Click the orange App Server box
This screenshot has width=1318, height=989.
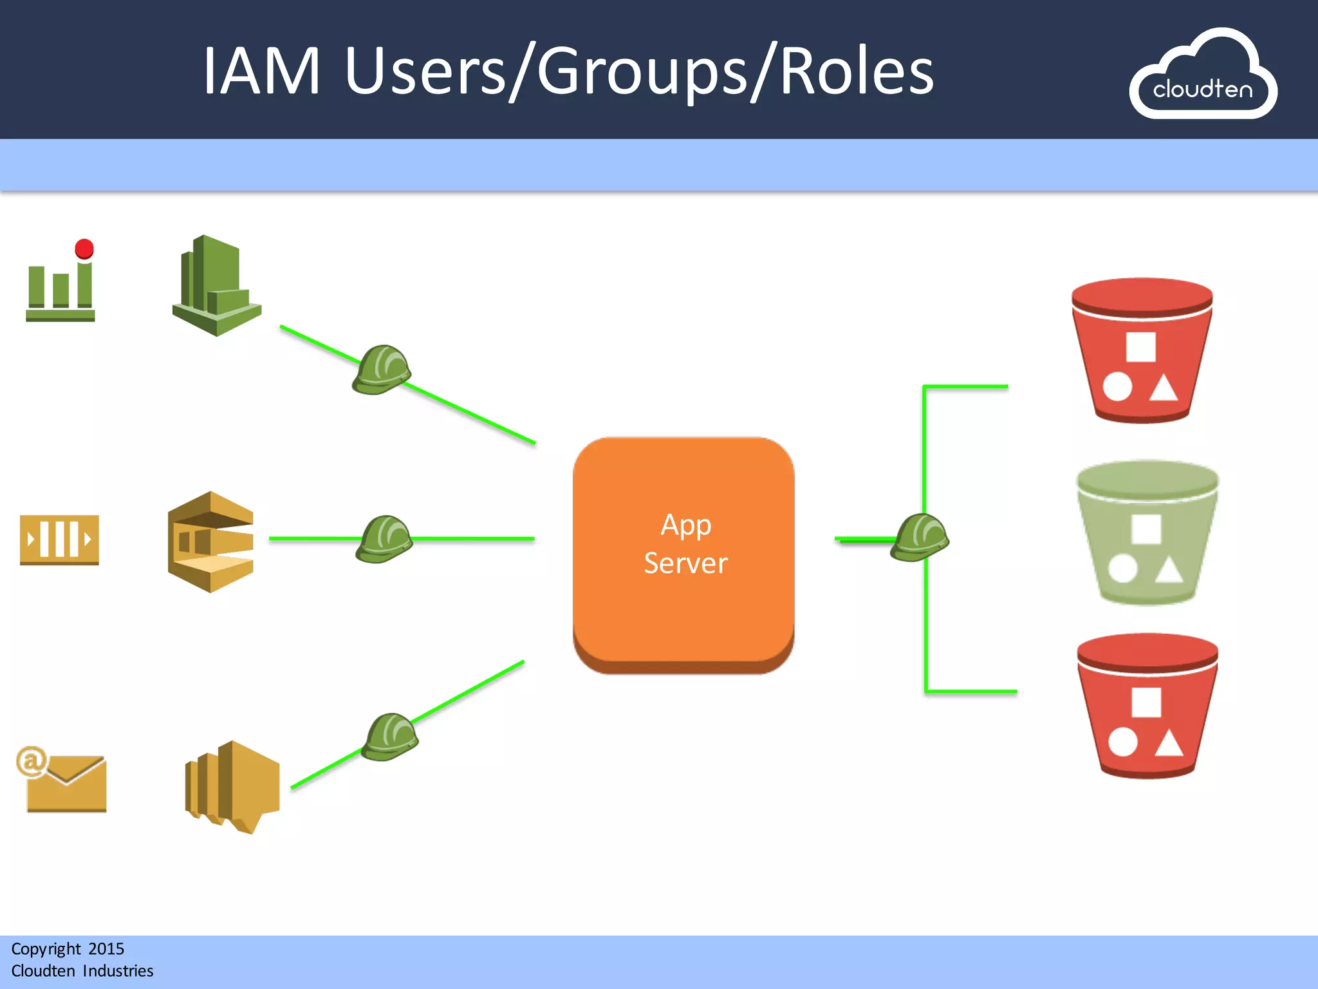(683, 554)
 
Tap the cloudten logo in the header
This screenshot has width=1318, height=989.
(1203, 76)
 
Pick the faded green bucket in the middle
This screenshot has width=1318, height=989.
(1147, 533)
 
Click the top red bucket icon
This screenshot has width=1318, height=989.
(1142, 351)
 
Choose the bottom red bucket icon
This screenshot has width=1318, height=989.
(1147, 706)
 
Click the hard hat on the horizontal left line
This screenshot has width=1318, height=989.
(384, 539)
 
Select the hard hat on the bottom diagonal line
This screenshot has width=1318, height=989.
(390, 737)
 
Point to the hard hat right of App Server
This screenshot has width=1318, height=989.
(920, 538)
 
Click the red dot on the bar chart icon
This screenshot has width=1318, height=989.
(84, 249)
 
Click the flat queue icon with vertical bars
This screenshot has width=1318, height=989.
(59, 540)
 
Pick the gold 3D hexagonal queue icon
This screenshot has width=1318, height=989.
(210, 542)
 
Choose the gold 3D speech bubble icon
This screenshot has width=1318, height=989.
(232, 786)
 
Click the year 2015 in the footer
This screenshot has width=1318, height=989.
(106, 949)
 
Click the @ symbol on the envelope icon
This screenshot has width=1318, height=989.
(31, 762)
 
